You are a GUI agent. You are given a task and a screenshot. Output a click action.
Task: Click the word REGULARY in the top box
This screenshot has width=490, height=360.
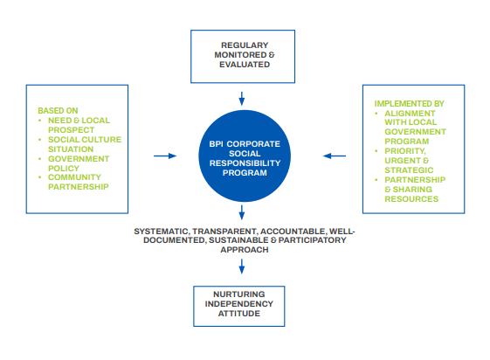245,45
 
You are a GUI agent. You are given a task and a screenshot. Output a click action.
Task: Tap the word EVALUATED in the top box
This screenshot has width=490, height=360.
245,65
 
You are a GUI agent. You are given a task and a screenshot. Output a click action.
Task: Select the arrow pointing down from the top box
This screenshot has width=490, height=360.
242,99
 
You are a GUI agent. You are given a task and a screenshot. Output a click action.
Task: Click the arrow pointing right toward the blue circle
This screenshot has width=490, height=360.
165,156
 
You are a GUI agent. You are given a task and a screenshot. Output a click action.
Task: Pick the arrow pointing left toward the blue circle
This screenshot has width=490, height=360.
335,156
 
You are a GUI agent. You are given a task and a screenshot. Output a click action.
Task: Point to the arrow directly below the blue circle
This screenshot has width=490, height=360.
242,212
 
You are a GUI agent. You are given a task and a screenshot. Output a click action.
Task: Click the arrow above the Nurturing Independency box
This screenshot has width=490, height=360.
242,267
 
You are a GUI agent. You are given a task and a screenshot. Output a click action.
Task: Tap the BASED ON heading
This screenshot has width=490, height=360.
58,111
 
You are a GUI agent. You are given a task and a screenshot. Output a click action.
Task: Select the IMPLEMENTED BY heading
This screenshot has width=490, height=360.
409,103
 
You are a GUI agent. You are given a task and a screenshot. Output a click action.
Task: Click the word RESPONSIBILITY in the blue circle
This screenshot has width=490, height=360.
245,163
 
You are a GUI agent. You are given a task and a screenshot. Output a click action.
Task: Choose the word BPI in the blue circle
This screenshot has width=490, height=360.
216,144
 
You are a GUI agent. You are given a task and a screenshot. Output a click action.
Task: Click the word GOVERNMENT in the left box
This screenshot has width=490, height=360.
79,159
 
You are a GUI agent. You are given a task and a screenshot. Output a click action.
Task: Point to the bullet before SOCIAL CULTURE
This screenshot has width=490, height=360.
39,140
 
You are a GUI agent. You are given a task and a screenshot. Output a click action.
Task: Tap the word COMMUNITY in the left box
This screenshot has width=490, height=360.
74,177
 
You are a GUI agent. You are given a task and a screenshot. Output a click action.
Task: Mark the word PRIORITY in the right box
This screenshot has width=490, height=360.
405,151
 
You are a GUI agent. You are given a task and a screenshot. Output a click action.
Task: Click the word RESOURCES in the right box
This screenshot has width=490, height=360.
411,199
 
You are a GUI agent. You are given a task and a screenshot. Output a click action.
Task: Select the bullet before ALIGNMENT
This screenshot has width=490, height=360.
376,114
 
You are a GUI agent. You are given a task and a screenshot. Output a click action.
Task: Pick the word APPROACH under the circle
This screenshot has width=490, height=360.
245,250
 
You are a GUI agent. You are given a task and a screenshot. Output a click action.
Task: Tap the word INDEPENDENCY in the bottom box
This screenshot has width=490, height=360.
239,304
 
